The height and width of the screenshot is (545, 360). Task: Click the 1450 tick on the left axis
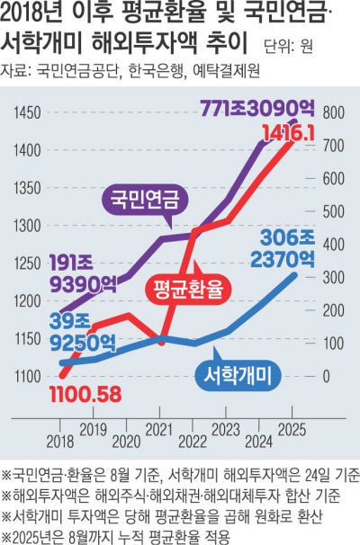28,112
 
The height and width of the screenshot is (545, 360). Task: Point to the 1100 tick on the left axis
28,376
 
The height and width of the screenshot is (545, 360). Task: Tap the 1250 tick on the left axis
28,263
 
